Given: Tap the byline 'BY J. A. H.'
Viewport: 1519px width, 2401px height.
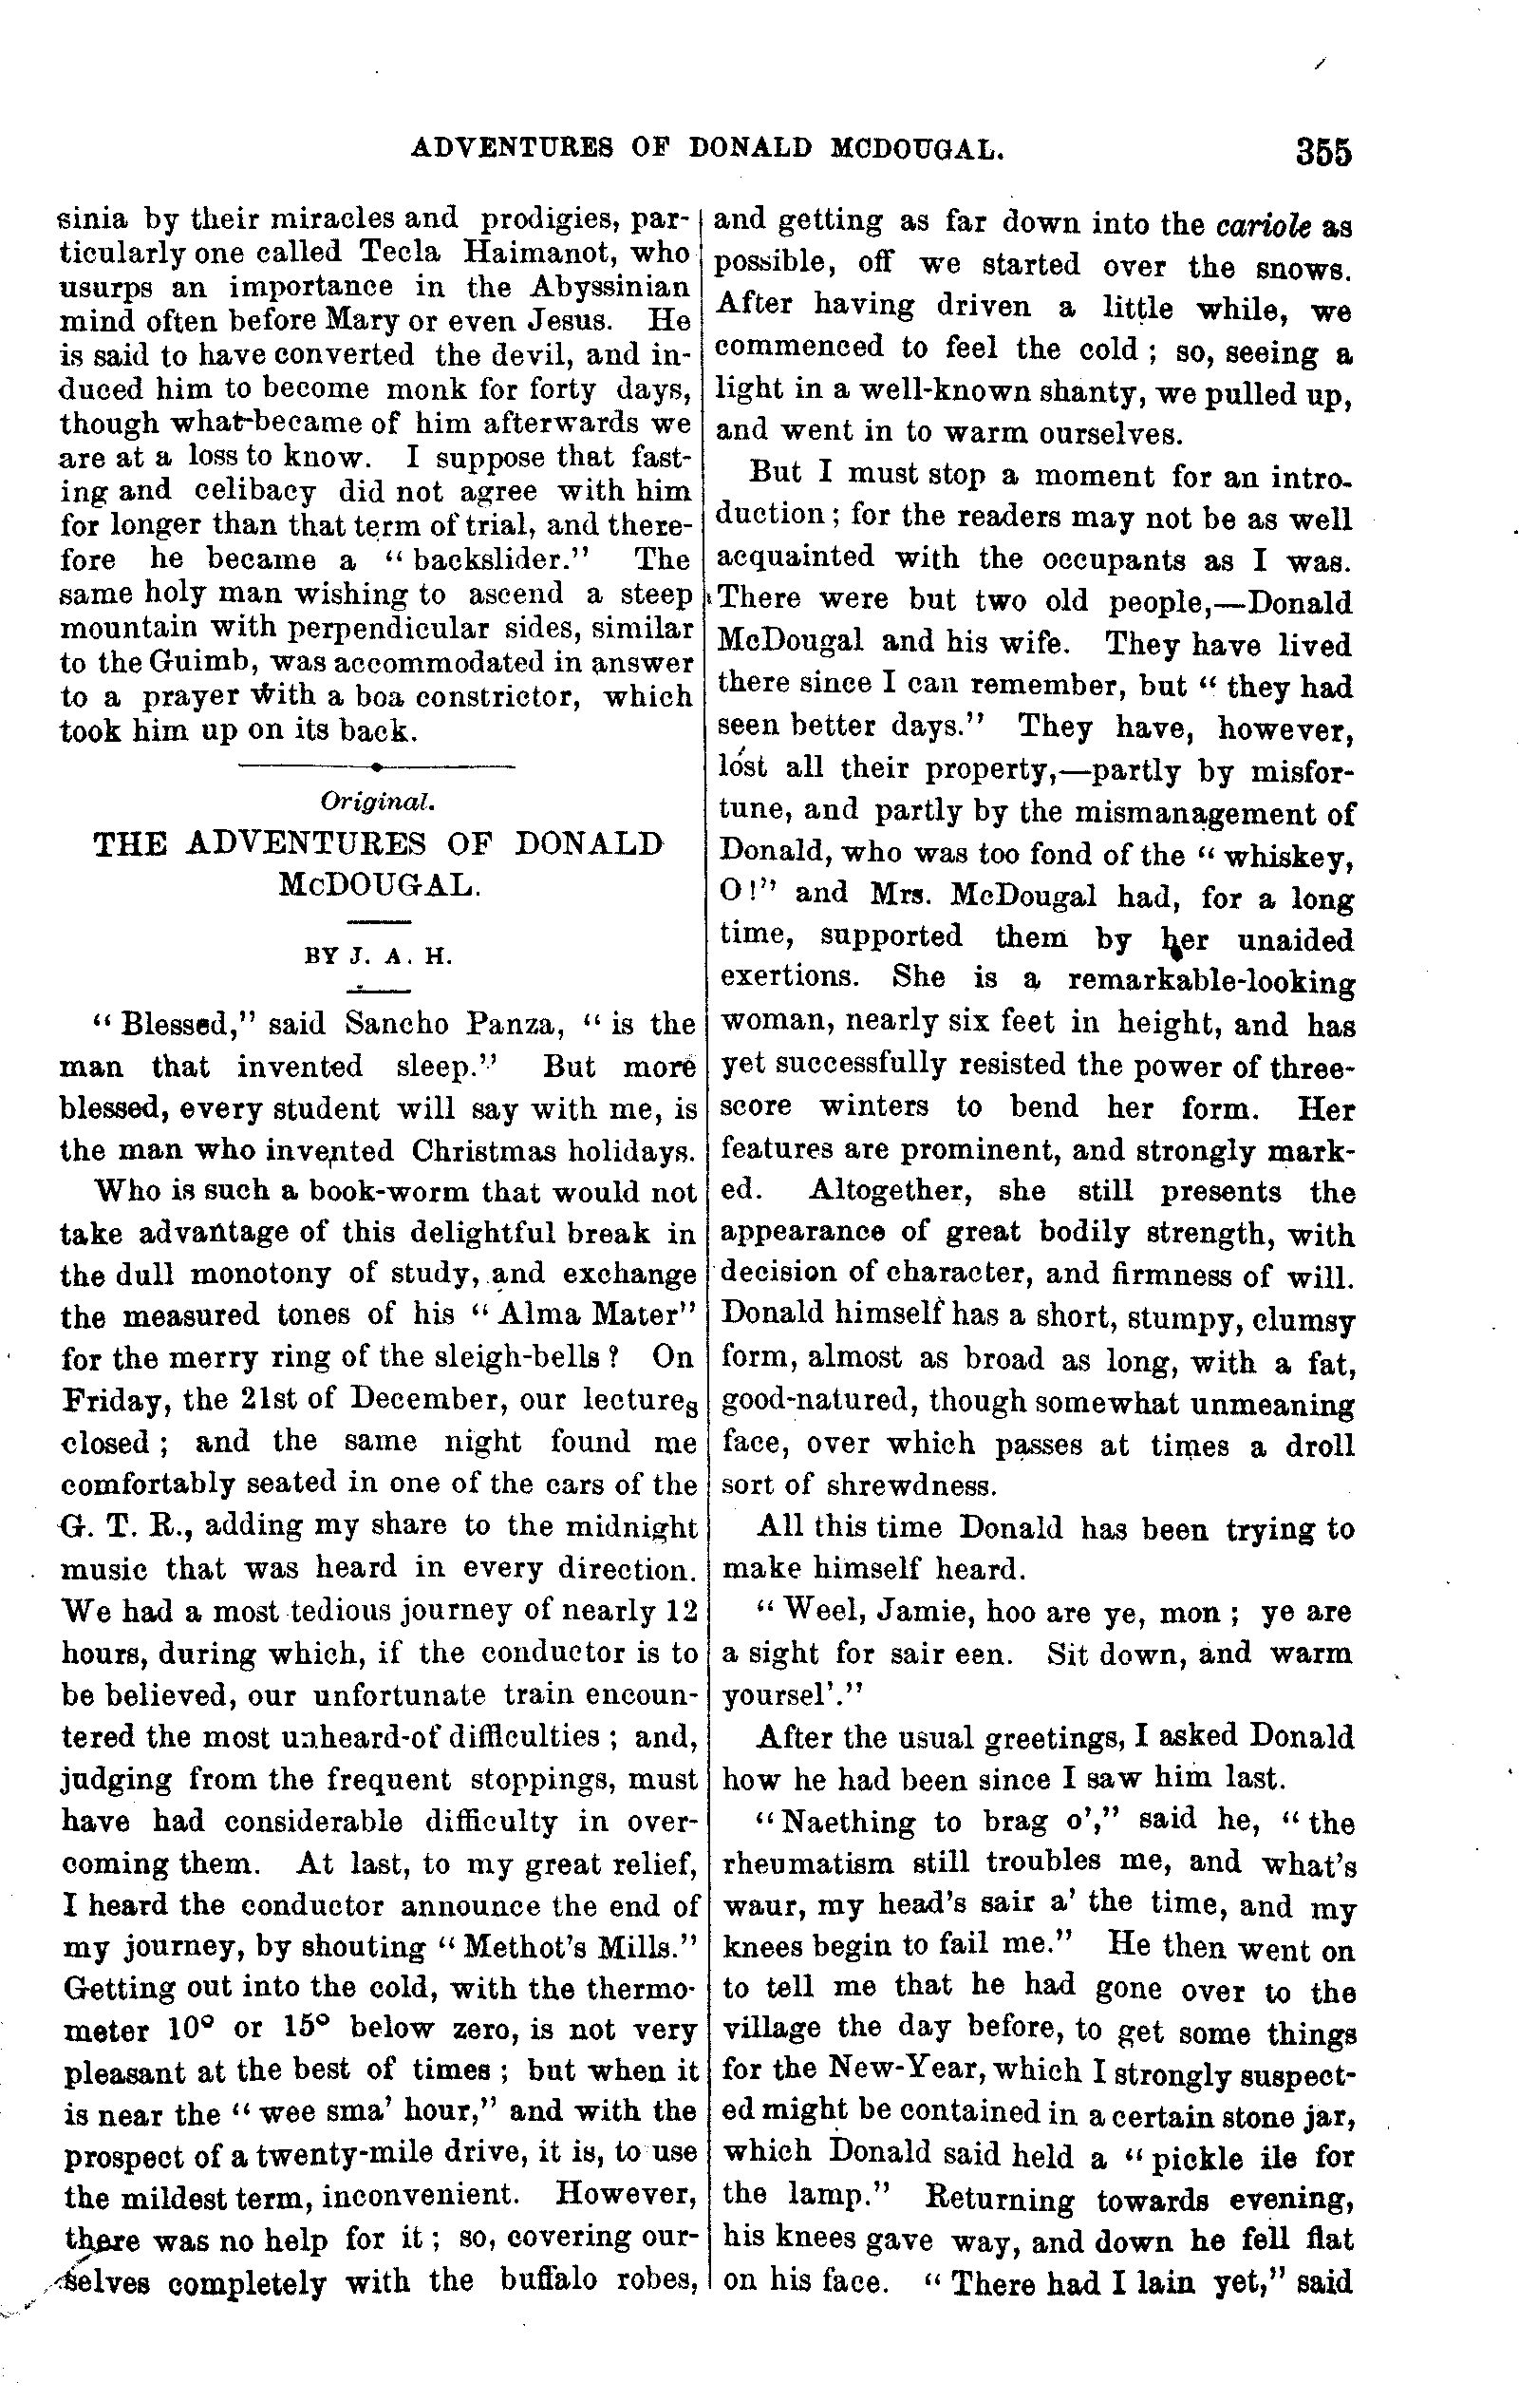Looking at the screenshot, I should coord(379,956).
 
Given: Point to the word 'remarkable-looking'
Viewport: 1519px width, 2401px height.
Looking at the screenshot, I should coord(1210,982).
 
